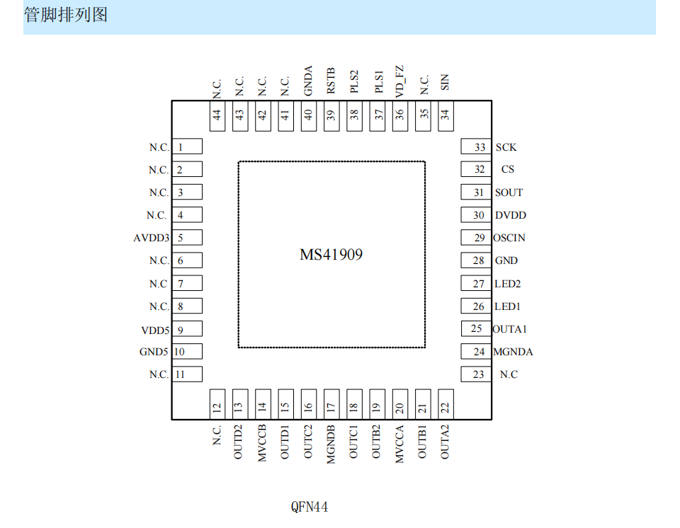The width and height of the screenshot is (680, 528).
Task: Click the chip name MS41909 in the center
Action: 331,255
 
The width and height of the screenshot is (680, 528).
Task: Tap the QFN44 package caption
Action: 310,507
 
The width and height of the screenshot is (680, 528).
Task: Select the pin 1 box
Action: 187,147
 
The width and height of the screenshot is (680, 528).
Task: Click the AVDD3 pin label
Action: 152,238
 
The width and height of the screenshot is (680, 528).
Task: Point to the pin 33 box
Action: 476,147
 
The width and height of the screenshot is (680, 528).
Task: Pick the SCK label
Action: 506,147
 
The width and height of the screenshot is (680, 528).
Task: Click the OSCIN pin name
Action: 509,238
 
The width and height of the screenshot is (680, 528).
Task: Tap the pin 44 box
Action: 217,116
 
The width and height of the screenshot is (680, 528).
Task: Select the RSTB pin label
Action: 331,81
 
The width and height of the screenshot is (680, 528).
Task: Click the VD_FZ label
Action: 399,81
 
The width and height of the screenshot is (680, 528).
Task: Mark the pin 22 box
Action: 446,404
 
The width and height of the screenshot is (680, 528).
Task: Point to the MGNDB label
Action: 331,444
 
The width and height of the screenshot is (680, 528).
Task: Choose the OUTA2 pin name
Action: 445,442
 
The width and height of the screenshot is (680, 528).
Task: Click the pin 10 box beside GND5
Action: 187,352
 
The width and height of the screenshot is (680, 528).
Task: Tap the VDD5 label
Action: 155,331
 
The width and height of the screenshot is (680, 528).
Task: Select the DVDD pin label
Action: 511,215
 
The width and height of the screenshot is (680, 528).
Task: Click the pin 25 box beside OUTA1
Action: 476,328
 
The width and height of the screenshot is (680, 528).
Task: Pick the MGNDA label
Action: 513,352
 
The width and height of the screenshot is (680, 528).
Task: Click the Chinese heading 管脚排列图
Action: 65,15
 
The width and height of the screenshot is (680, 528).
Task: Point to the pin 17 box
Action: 331,404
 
